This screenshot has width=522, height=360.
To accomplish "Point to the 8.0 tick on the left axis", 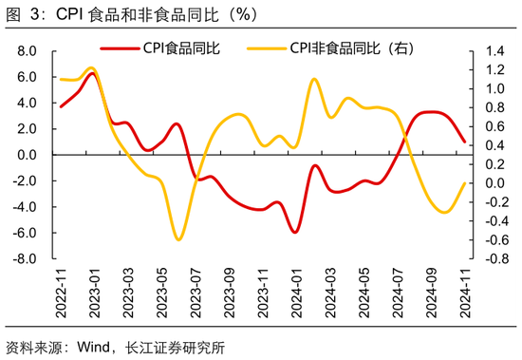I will [x=27, y=50].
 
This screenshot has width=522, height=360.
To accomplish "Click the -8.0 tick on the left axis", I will [x=25, y=258].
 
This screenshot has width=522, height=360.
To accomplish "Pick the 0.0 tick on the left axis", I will [x=27, y=155].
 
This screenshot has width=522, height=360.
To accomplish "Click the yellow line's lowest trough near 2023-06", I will [x=177, y=239].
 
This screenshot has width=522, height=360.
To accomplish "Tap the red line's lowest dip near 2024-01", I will [x=296, y=232].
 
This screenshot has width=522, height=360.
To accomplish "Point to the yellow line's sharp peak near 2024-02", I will [x=314, y=79].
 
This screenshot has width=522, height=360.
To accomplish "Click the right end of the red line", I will [x=464, y=142].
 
